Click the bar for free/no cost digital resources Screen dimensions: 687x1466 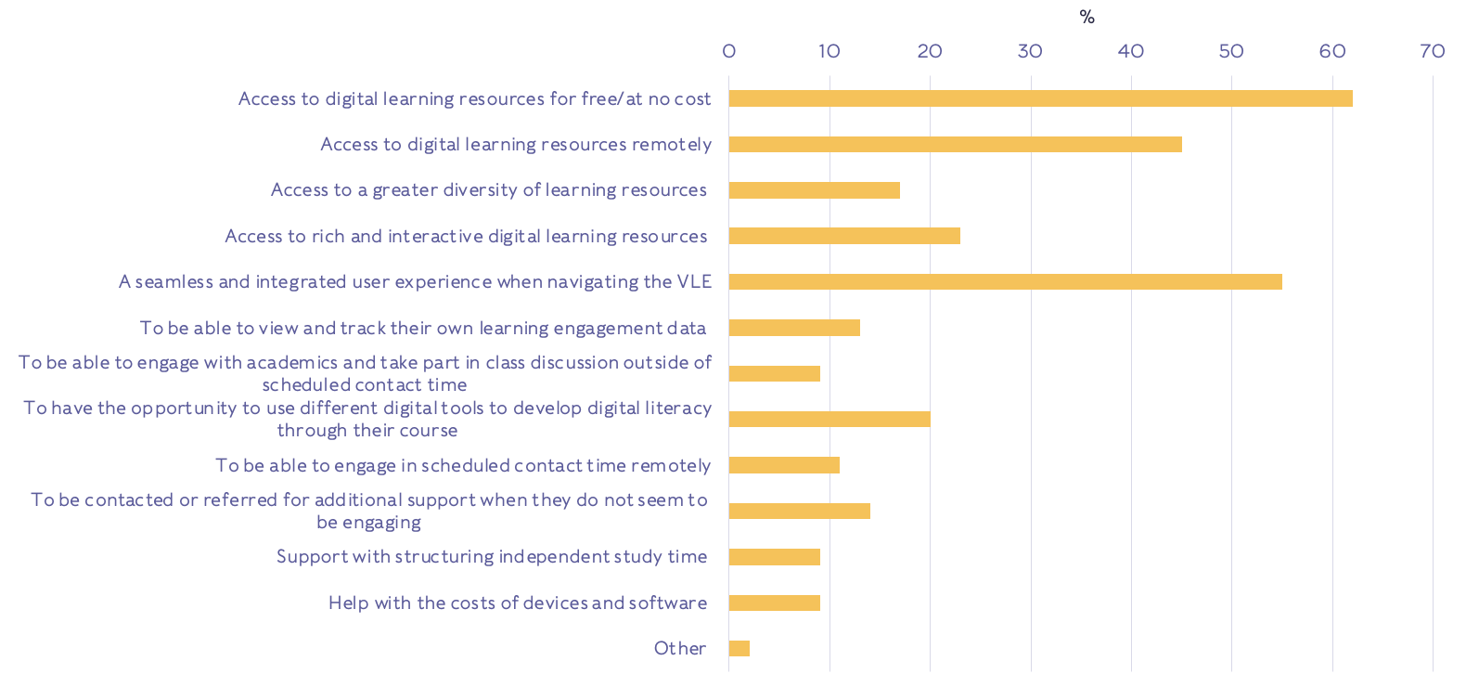tap(1040, 98)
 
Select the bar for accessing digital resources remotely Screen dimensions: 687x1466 tap(955, 144)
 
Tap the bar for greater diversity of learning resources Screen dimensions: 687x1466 tap(814, 190)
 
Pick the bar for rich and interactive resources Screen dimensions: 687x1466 tap(844, 236)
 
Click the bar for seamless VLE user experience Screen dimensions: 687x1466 tap(1005, 281)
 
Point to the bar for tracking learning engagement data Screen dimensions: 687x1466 tap(794, 328)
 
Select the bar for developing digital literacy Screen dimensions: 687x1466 tap(829, 419)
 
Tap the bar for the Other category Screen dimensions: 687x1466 tap(739, 648)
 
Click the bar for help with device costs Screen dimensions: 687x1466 tap(775, 603)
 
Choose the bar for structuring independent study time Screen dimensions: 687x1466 tap(775, 557)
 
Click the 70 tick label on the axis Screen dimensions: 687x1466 tap(1433, 51)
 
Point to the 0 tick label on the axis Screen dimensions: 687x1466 tap(729, 51)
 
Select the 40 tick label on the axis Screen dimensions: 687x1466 tap(1131, 51)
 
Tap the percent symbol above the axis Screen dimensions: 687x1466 tap(1087, 18)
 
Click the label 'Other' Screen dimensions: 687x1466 tap(680, 648)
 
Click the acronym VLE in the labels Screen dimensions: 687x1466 tap(694, 281)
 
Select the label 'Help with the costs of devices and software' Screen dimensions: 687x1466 tap(518, 603)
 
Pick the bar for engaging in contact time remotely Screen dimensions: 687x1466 tap(784, 465)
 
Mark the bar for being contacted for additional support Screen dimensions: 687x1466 tap(799, 511)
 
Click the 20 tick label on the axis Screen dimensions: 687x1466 tap(930, 51)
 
